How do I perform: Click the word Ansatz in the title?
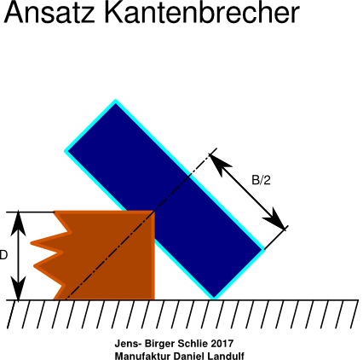[49, 13]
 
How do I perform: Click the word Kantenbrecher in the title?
[202, 13]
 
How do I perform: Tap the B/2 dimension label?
[261, 180]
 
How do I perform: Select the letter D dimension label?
[3, 255]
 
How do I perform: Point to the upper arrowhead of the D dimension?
[18, 224]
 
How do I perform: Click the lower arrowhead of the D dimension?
[18, 288]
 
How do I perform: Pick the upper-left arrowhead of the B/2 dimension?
[220, 164]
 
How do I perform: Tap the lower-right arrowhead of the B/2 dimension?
[275, 219]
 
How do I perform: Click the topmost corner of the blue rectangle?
[116, 101]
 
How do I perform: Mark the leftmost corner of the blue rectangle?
[65, 151]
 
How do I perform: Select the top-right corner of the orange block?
[154, 212]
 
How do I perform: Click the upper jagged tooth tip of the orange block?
[32, 243]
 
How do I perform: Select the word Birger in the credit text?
[159, 344]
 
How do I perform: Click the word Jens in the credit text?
[126, 344]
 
